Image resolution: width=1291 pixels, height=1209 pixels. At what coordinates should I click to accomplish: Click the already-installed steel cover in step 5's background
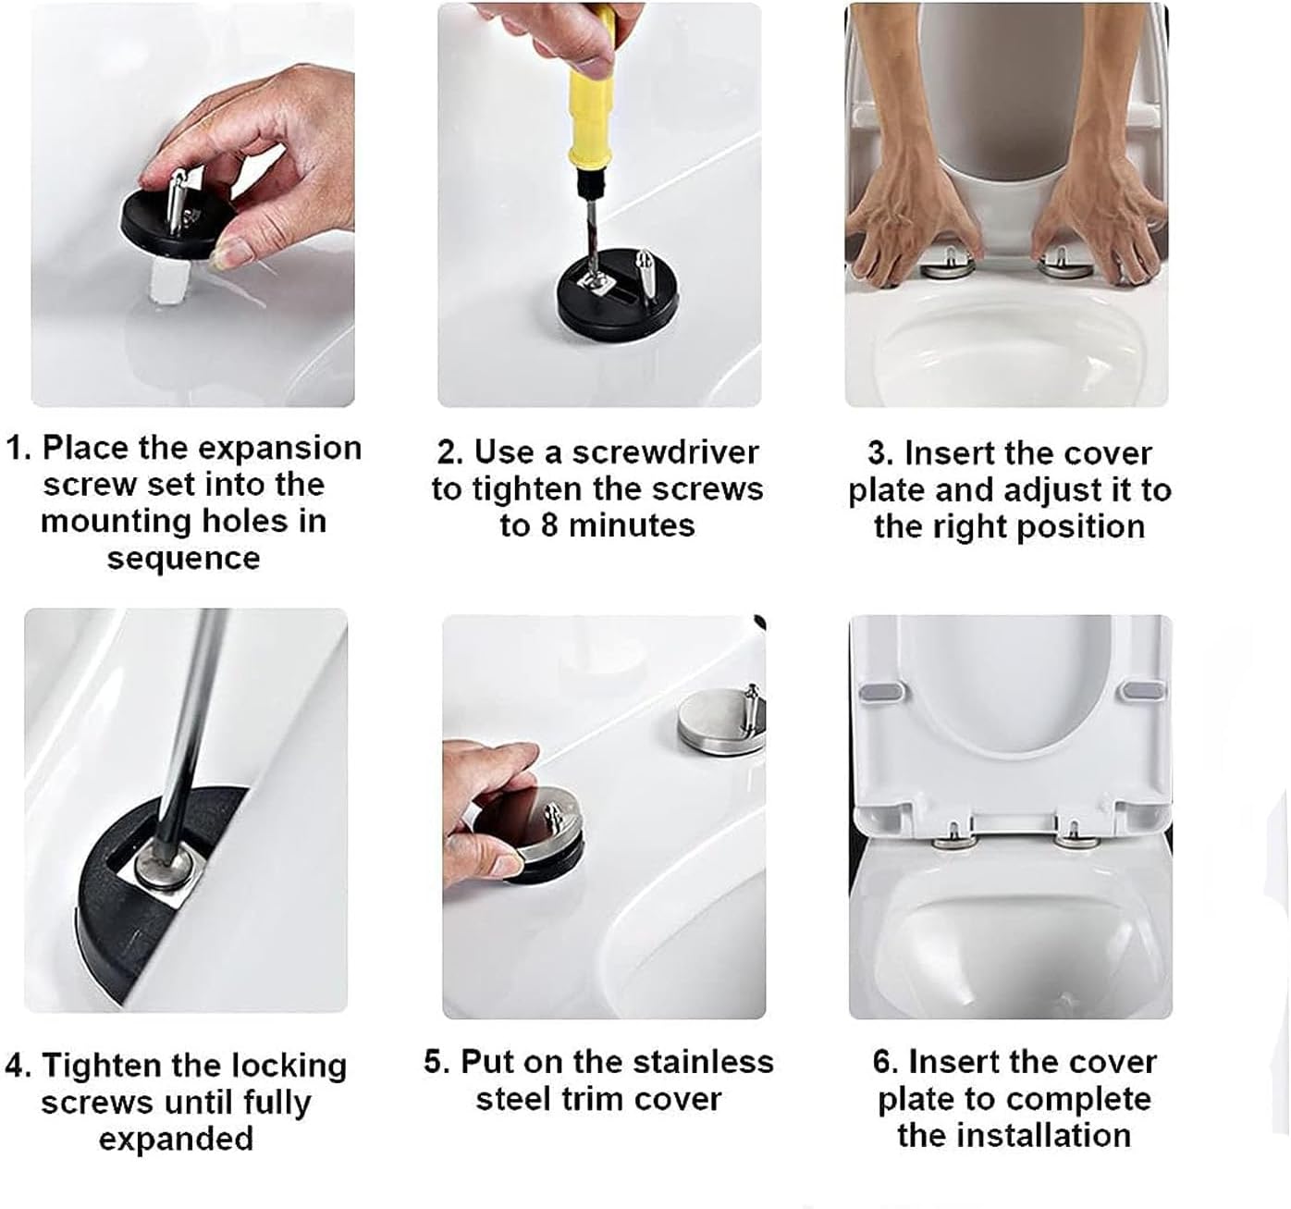click(x=713, y=725)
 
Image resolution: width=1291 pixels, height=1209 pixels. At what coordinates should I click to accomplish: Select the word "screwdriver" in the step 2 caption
click(x=665, y=452)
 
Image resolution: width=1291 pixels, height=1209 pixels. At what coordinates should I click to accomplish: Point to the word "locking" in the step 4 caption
click(x=289, y=1066)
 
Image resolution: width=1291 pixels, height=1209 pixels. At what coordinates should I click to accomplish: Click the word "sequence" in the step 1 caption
click(x=183, y=559)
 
